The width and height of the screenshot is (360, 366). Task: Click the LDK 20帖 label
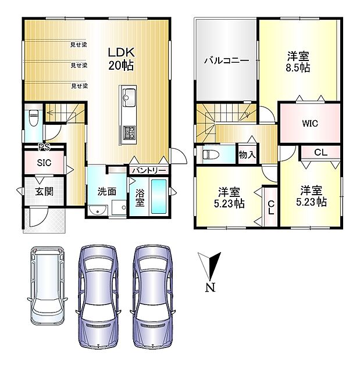[121, 59]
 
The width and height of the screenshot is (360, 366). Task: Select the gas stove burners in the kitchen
[129, 132]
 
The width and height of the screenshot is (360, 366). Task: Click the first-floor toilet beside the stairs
[34, 117]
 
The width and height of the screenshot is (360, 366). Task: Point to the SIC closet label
[44, 163]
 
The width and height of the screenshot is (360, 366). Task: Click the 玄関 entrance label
[44, 192]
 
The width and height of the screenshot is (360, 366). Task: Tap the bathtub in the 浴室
[159, 196]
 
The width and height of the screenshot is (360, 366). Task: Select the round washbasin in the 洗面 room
[98, 210]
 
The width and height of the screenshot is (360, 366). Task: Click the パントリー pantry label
[149, 171]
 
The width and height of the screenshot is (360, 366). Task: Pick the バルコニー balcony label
[226, 60]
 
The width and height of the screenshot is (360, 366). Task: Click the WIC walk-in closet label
[310, 123]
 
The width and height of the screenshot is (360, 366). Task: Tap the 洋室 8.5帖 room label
[298, 62]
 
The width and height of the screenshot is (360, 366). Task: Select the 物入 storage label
[247, 155]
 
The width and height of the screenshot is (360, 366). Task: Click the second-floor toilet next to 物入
[211, 155]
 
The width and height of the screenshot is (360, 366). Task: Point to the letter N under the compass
[211, 288]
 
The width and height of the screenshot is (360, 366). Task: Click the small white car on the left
[48, 285]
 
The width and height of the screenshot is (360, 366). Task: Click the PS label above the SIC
[44, 147]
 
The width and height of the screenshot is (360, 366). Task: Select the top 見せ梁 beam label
[79, 45]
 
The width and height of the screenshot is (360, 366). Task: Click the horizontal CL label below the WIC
[321, 152]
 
